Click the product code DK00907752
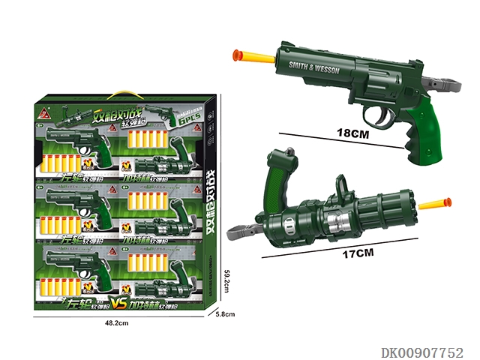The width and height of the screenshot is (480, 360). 423,352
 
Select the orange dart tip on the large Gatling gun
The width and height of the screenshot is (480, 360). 447,202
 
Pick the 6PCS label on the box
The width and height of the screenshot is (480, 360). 187,119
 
